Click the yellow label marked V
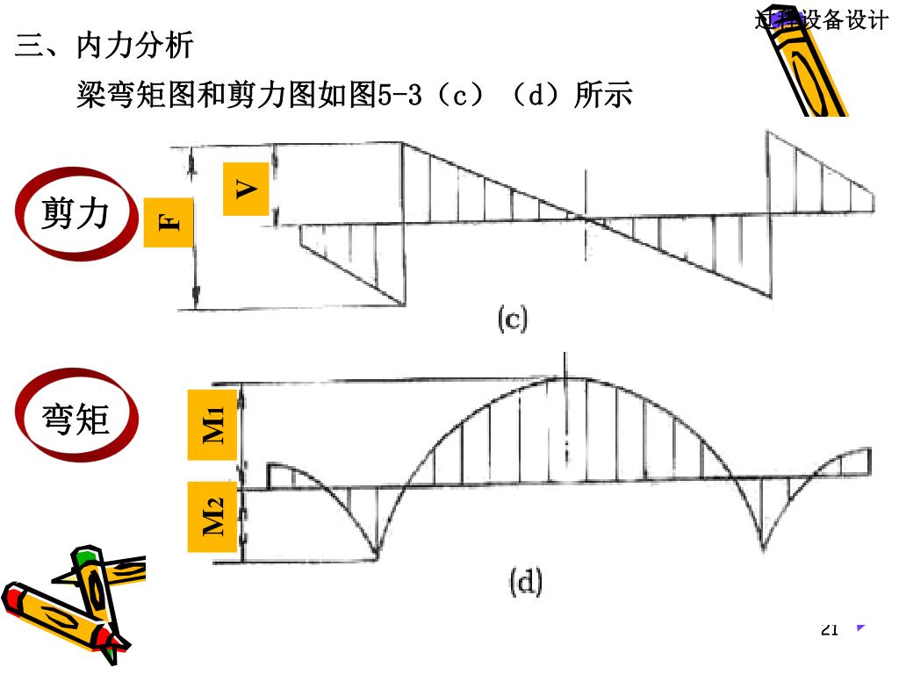tap(246, 189)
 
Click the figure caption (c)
tap(513, 319)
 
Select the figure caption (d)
tap(525, 583)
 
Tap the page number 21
tap(830, 628)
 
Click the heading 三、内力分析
tap(104, 46)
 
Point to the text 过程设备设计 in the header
tap(821, 20)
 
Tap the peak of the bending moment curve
tap(566, 377)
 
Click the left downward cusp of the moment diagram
tap(377, 556)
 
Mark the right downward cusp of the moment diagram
tap(763, 549)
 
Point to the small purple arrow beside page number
tap(861, 627)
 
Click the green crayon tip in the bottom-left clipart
tap(84, 556)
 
